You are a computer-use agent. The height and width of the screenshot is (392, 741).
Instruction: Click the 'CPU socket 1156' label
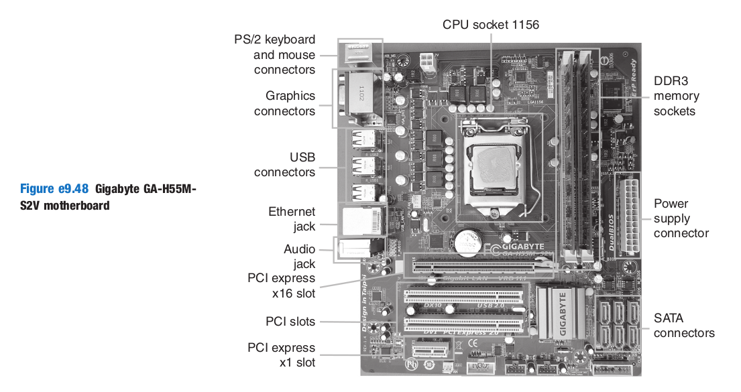tap(490, 25)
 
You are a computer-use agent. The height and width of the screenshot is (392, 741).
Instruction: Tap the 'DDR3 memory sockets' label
tap(675, 96)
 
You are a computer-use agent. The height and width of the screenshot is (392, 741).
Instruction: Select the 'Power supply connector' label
tap(681, 218)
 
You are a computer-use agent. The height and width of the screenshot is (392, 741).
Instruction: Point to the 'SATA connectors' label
tap(684, 326)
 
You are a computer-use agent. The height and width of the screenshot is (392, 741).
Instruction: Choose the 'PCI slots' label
tap(290, 322)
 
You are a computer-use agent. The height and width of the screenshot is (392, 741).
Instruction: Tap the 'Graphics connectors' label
tap(284, 104)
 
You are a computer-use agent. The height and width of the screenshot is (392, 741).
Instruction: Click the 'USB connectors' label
tap(284, 165)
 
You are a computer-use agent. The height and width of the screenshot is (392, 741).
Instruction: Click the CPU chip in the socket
tap(492, 166)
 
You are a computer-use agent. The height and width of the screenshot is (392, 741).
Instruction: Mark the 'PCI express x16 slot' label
tap(281, 285)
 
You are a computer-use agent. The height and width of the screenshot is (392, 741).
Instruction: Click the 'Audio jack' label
tap(299, 257)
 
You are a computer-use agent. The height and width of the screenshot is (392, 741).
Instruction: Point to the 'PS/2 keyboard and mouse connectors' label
tap(274, 54)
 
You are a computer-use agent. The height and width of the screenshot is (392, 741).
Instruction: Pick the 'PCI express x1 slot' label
tap(281, 355)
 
